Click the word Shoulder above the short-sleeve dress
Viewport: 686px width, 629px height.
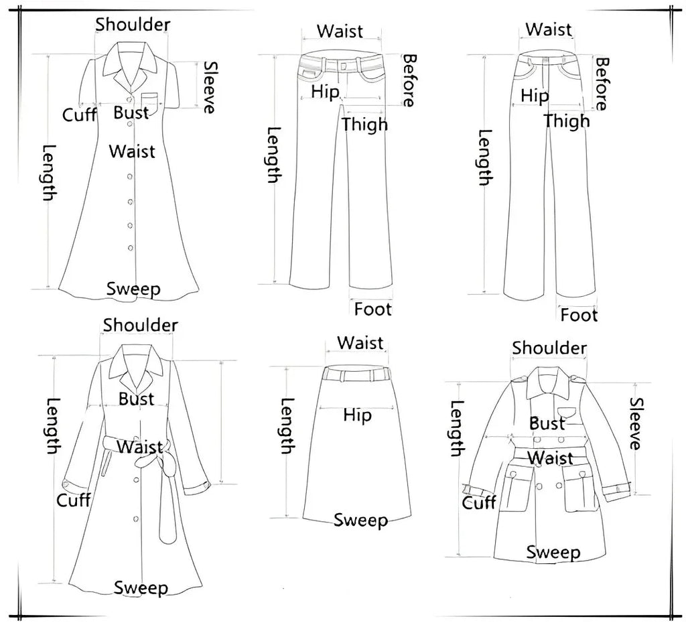133,25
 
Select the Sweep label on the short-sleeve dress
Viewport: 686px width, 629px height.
134,289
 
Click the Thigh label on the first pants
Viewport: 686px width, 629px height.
364,124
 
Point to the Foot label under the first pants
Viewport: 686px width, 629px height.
373,309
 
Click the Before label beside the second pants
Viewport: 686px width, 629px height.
601,84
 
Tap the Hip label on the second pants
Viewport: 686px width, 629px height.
535,96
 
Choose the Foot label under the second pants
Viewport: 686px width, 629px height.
579,315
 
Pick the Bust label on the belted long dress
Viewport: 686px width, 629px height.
137,399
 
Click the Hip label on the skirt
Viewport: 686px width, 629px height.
357,415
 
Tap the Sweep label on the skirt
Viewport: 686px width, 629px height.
360,520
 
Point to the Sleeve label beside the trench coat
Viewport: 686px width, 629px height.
636,423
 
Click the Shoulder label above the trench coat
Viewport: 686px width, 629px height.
549,348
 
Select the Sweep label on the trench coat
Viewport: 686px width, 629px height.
553,552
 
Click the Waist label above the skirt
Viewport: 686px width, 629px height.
360,343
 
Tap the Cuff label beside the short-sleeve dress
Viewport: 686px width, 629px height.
80,115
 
